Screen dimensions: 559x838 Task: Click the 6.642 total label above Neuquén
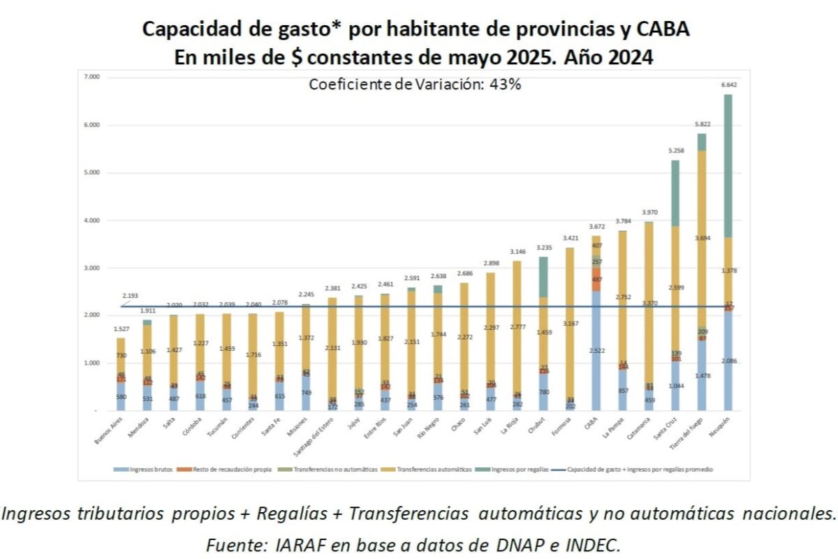click(727, 85)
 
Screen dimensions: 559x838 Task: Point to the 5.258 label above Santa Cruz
click(675, 150)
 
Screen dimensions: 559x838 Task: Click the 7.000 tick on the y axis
click(91, 77)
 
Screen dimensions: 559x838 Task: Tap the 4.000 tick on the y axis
click(91, 220)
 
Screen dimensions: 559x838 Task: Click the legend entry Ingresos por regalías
click(517, 470)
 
